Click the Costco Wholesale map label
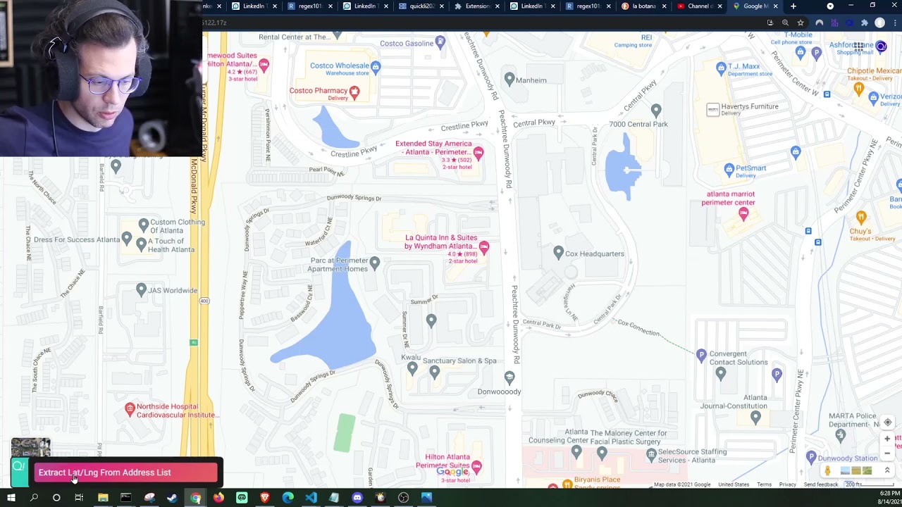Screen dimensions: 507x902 pyautogui.click(x=340, y=66)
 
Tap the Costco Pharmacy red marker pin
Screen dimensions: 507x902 pyautogui.click(x=354, y=92)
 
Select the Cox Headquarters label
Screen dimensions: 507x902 pyautogui.click(x=594, y=254)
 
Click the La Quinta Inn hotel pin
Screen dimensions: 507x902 pyautogui.click(x=484, y=246)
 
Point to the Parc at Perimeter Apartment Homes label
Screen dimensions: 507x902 pyautogui.click(x=339, y=264)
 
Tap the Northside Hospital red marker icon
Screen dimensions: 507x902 pyautogui.click(x=130, y=408)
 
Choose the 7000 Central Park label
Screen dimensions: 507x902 pyautogui.click(x=638, y=125)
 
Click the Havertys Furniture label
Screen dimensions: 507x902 pyautogui.click(x=749, y=106)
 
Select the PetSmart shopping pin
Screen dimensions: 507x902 pyautogui.click(x=729, y=169)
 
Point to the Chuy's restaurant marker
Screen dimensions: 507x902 pyautogui.click(x=860, y=217)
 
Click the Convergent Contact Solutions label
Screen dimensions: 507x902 pyautogui.click(x=738, y=358)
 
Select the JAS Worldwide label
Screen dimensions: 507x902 pyautogui.click(x=173, y=290)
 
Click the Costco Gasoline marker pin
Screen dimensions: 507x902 pyautogui.click(x=440, y=43)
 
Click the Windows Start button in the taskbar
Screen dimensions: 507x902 pyautogui.click(x=11, y=498)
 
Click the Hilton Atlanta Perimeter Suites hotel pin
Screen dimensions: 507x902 pyautogui.click(x=477, y=466)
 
